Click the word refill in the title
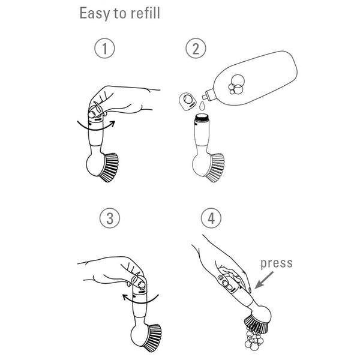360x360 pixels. pos(145,13)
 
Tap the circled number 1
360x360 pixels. pos(104,48)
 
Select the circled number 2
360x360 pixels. pos(196,48)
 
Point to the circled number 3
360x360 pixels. pos(110,218)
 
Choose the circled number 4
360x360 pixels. pos(211,218)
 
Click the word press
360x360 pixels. pos(277,264)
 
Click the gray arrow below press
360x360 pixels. pos(264,280)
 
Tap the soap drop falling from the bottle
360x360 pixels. pos(202,106)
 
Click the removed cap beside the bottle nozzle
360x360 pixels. pos(188,101)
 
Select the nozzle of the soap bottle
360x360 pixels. pos(208,94)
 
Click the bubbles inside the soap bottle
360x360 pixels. pos(236,84)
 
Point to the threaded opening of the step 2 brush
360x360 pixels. pos(202,117)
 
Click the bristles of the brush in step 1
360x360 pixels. pos(109,167)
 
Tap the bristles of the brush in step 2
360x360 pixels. pos(215,167)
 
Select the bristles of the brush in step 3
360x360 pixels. pos(152,338)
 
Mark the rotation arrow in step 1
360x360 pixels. pos(96,126)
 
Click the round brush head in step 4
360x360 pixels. pos(262,314)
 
